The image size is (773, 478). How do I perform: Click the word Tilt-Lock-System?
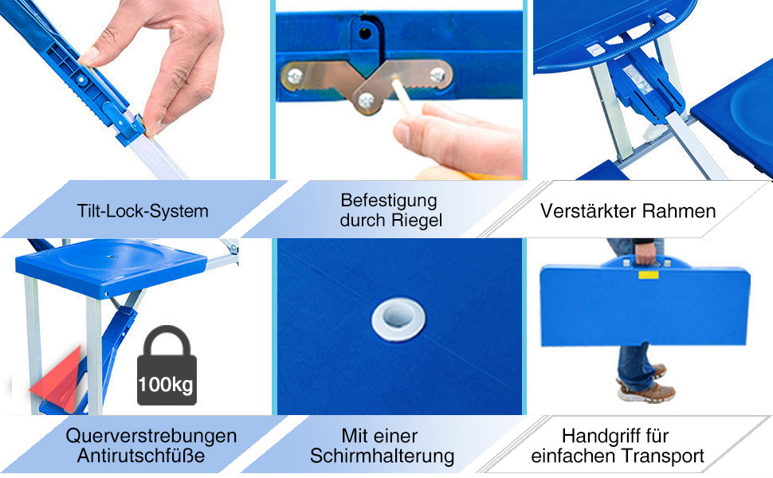[x=143, y=211]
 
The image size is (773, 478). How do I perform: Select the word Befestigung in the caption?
[x=389, y=201]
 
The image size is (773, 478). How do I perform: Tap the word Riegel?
[x=417, y=220]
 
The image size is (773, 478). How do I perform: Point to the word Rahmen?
[x=678, y=211]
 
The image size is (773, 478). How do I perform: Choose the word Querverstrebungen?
[x=151, y=436]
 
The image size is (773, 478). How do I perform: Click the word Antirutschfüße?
[x=141, y=456]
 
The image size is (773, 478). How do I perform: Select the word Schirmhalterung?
[x=382, y=456]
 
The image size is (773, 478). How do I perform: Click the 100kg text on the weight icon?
[x=165, y=385]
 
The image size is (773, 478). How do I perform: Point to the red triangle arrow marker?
[x=57, y=379]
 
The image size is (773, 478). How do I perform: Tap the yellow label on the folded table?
[x=648, y=274]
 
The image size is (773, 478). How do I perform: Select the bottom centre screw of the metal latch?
[x=366, y=100]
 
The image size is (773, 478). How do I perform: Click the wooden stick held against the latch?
[x=400, y=96]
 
